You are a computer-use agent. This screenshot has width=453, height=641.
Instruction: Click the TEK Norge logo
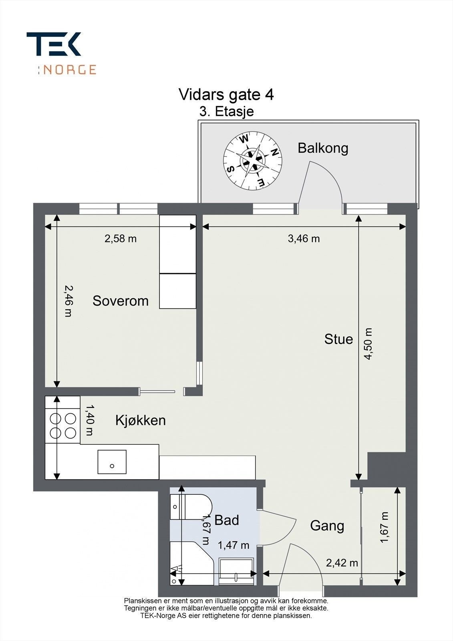coord(61,53)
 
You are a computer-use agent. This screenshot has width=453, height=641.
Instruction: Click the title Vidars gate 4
coord(226,94)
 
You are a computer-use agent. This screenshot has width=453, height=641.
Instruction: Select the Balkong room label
coord(323,148)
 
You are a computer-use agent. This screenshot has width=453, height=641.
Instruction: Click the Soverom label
coord(121,301)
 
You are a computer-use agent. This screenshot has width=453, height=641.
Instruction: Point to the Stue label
coord(338,339)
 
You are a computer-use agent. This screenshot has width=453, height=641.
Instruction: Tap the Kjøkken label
coord(141,420)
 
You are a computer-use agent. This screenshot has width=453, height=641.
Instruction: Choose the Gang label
coord(327,526)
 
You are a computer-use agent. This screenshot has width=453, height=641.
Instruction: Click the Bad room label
coord(226,520)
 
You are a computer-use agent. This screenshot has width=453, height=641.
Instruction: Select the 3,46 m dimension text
coord(304,238)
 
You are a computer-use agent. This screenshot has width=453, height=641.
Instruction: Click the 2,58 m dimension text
coord(121,238)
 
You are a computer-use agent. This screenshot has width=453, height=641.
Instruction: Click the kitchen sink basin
coord(112,462)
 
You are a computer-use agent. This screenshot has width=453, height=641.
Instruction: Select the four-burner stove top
coord(62,420)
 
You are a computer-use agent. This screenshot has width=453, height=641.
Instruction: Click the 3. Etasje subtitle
coord(226,111)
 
